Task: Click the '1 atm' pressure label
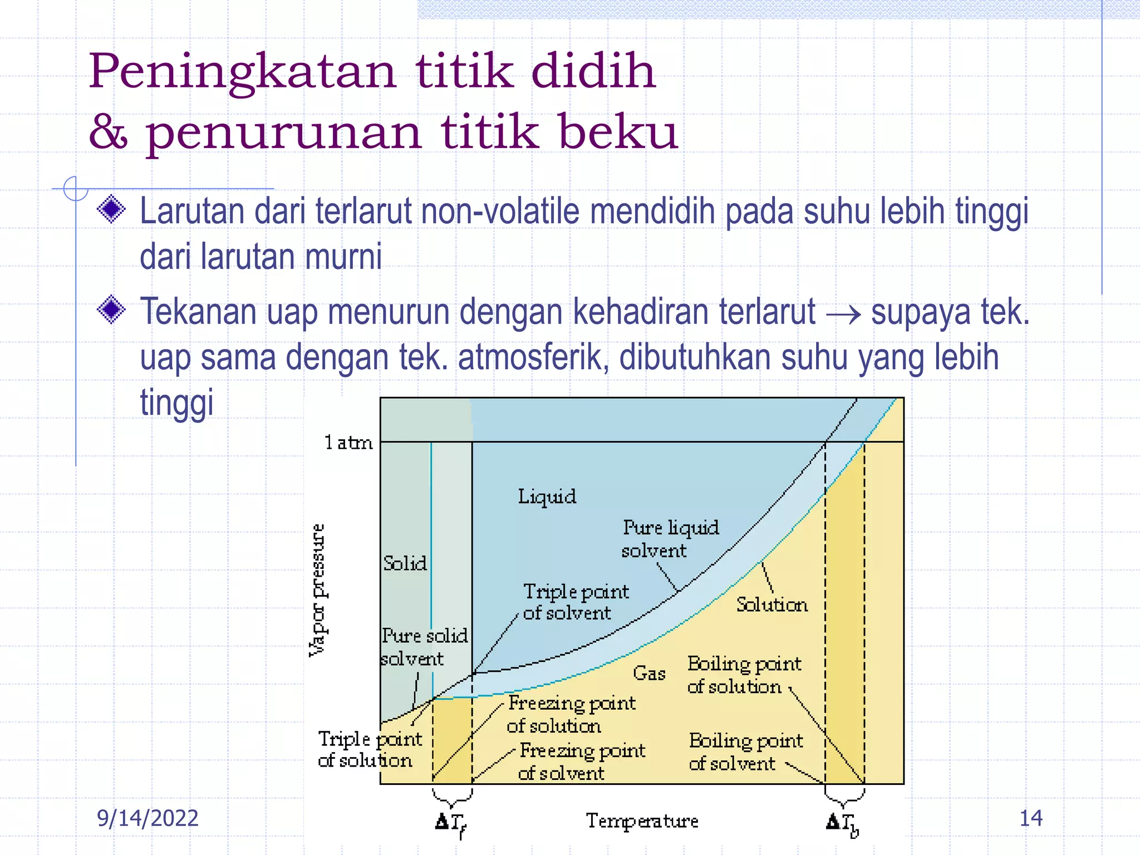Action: point(348,443)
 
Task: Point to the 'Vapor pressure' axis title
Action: point(317,590)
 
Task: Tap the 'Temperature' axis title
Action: point(642,820)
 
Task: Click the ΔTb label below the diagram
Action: point(842,824)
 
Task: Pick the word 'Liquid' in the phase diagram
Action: point(547,497)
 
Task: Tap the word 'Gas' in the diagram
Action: point(649,674)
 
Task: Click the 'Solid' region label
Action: point(405,563)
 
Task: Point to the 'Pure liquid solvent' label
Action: point(670,539)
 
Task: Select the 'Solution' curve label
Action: point(772,605)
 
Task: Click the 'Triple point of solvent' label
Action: point(575,602)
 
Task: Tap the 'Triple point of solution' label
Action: point(369,749)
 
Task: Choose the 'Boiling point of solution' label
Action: point(744,675)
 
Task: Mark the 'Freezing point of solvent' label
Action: point(581,761)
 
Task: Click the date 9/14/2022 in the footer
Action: point(148,818)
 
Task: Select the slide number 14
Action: point(1030,818)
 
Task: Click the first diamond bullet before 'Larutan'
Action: point(111,209)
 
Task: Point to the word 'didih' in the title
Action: point(593,71)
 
